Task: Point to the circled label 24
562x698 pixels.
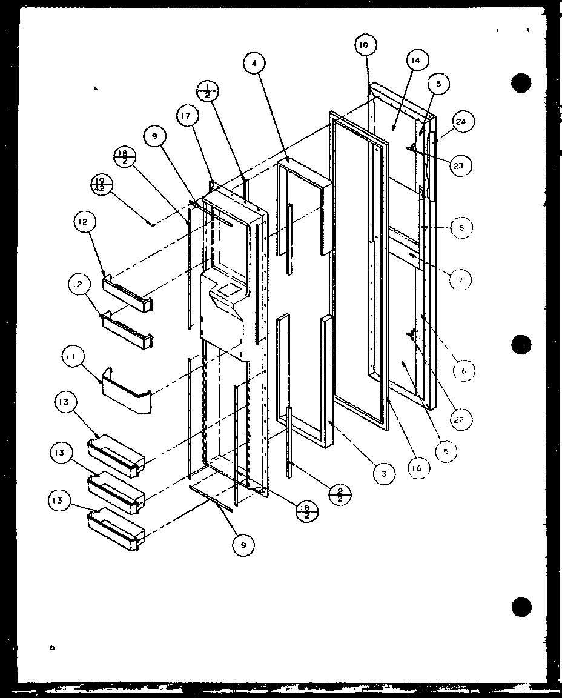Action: pos(461,122)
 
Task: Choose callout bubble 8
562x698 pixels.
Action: pos(461,228)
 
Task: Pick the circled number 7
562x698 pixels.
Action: pos(461,279)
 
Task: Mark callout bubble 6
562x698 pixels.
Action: pos(463,371)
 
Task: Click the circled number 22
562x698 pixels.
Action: pos(461,419)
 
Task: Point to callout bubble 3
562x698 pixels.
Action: pos(384,473)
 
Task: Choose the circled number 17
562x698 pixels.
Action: pos(188,115)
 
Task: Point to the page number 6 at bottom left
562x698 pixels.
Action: pos(53,648)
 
